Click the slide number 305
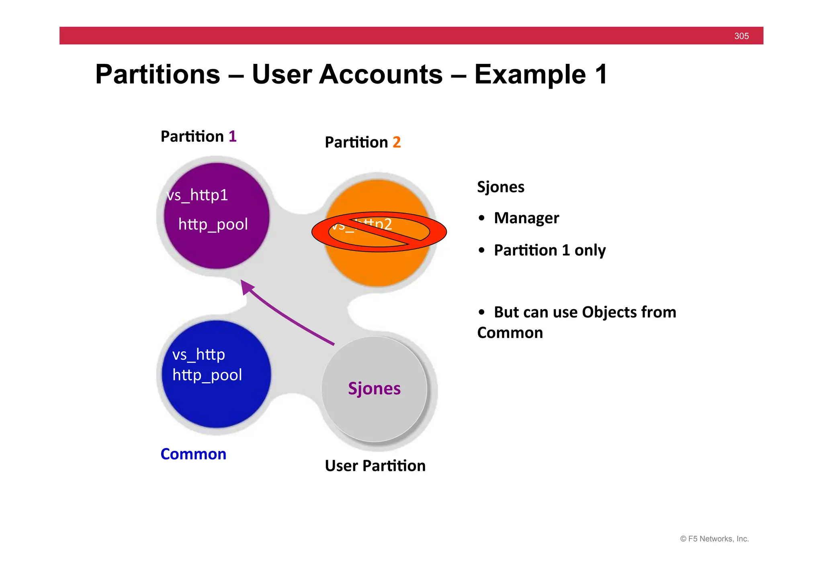pos(741,36)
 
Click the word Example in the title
pos(530,75)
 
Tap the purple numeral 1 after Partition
pos(232,137)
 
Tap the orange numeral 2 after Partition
pos(396,142)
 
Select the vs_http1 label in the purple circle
pos(197,196)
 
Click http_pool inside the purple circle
pos(213,224)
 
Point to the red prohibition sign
pos(379,232)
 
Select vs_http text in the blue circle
pos(199,355)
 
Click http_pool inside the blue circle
pos(207,375)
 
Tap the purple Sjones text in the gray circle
pos(374,389)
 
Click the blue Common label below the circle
pos(193,454)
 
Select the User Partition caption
pos(375,466)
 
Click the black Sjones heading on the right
pos(500,187)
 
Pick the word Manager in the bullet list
pos(526,218)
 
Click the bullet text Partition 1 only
pos(549,250)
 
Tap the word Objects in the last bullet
pos(609,312)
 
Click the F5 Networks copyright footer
pos(714,539)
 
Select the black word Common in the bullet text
pos(510,333)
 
